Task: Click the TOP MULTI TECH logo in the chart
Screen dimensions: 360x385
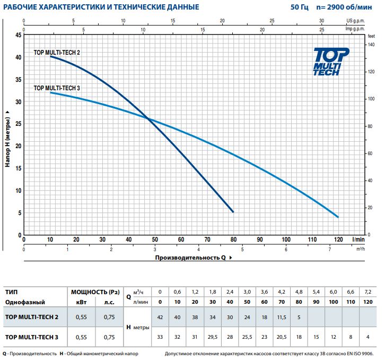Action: pos(331,61)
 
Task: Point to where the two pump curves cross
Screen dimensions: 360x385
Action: pos(148,119)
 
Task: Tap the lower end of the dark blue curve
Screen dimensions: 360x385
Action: pos(233,212)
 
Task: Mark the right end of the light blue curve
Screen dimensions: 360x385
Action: pos(338,217)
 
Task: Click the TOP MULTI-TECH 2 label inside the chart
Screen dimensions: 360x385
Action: pos(57,53)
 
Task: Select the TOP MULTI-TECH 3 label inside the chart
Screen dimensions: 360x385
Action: pos(57,88)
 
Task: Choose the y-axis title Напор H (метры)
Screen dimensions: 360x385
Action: pos(7,139)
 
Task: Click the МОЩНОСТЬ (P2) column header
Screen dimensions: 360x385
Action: pos(95,292)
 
